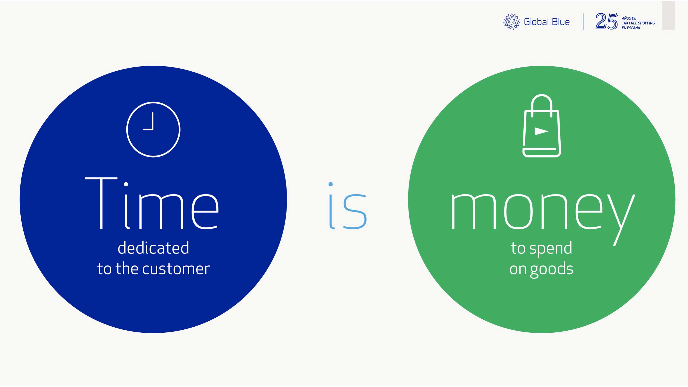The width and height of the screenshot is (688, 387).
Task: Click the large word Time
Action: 152,203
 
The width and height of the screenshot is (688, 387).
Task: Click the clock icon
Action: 153,130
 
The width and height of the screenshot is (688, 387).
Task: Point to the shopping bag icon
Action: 542,125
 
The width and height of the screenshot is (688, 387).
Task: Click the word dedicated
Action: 153,248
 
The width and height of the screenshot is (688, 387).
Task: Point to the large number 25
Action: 607,21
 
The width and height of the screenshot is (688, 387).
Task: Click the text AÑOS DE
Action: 629,18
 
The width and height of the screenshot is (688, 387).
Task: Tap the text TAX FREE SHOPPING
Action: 638,23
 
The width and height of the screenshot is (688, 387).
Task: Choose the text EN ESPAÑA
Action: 631,28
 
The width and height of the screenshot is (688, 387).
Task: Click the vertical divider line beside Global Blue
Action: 583,21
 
